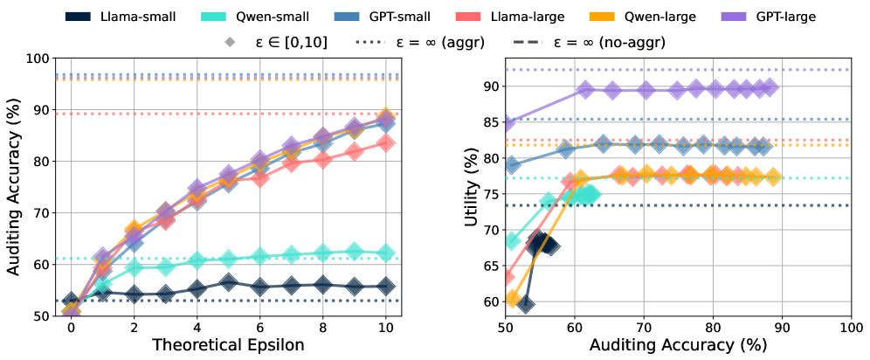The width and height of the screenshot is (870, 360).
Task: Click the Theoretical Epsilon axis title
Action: click(x=229, y=344)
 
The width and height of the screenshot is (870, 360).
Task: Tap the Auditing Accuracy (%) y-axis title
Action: click(x=14, y=187)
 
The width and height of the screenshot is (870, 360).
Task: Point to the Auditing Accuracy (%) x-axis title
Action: click(x=679, y=344)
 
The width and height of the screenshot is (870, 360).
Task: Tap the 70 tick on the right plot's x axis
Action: click(x=644, y=325)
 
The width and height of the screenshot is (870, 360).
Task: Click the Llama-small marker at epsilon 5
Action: click(x=228, y=282)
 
